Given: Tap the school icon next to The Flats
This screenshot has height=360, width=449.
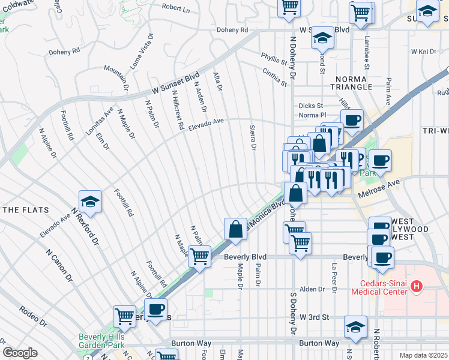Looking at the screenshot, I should [90, 202].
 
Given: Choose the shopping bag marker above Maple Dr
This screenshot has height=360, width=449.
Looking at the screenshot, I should [236, 229].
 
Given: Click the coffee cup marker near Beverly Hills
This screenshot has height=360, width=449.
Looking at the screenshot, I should [155, 310].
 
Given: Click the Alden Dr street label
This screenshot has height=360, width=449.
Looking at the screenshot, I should [312, 289].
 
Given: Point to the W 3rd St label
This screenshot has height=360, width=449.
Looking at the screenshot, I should [315, 316].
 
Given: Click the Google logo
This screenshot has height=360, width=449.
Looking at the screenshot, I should [20, 353].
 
